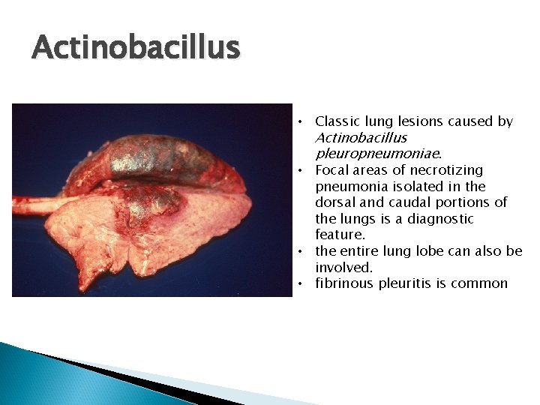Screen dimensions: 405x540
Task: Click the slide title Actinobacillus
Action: pyautogui.click(x=136, y=49)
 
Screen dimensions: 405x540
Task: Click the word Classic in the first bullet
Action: pyautogui.click(x=337, y=121)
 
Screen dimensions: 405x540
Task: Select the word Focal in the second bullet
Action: pyautogui.click(x=332, y=170)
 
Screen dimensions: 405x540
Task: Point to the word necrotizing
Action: pyautogui.click(x=448, y=170)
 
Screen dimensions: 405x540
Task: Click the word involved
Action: pyautogui.click(x=343, y=268)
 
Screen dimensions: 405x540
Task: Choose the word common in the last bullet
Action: pyautogui.click(x=481, y=283)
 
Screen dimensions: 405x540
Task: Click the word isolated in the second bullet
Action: pyautogui.click(x=421, y=187)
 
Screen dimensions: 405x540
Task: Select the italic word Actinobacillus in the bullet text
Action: pyautogui.click(x=361, y=138)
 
